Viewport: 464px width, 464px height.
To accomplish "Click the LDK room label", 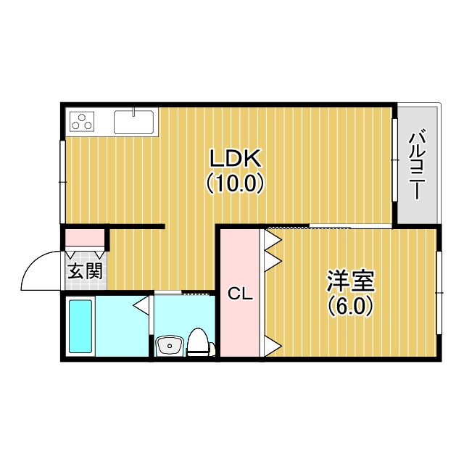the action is pyautogui.click(x=235, y=158).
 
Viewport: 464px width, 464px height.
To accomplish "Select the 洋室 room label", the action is pyautogui.click(x=351, y=281).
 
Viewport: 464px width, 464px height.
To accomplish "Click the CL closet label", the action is pyautogui.click(x=240, y=294).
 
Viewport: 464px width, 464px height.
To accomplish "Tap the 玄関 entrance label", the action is pyautogui.click(x=86, y=270).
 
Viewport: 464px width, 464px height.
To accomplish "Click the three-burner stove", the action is pyautogui.click(x=82, y=122).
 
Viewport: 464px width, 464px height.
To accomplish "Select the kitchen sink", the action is pyautogui.click(x=133, y=122).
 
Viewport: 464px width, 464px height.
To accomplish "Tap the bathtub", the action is pyautogui.click(x=80, y=326).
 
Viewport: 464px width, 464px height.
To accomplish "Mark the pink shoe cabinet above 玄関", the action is pyautogui.click(x=84, y=237).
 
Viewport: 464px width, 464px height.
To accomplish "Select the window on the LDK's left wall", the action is pyautogui.click(x=62, y=182).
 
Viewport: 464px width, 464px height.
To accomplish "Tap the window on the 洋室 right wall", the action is pyautogui.click(x=439, y=293).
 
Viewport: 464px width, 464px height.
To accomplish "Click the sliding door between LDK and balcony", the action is pyautogui.click(x=394, y=159).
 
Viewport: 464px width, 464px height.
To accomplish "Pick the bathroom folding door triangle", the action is pyautogui.click(x=141, y=304).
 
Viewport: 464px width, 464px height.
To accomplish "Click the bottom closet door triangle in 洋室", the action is pyautogui.click(x=273, y=346).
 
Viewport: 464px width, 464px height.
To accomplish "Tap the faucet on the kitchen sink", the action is pyautogui.click(x=133, y=112).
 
